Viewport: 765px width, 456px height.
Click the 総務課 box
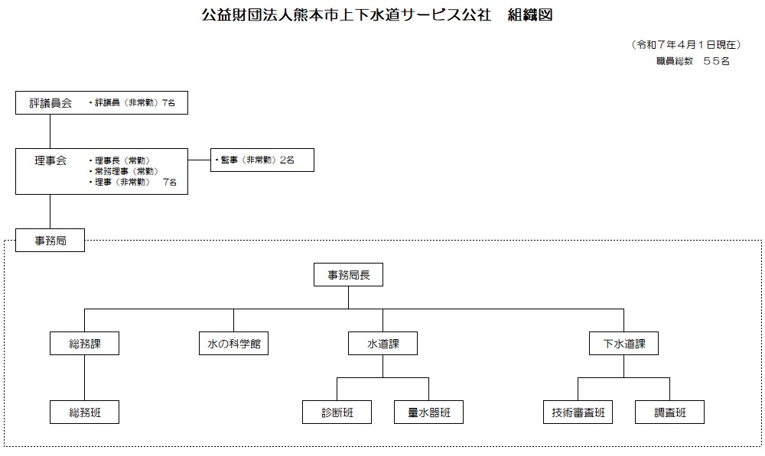coord(84,344)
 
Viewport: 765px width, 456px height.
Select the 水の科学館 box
coord(233,344)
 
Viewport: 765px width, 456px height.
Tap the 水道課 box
coord(383,344)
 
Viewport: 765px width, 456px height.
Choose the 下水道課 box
coord(624,344)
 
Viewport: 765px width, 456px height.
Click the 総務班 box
coord(84,412)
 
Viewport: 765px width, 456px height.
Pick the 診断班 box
coord(337,412)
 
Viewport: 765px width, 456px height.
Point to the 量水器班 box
coord(429,412)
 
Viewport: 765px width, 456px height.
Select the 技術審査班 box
coord(578,412)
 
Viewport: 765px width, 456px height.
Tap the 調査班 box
coord(670,412)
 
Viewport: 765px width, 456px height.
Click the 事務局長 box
coord(348,275)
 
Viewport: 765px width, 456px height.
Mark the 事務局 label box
coord(50,240)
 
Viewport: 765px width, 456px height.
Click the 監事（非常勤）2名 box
coord(262,160)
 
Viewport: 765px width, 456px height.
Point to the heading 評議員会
coord(50,103)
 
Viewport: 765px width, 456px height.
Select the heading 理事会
coord(50,160)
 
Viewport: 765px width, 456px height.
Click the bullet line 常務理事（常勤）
coord(124,171)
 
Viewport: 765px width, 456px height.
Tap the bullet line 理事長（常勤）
coord(119,160)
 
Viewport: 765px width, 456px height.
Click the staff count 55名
coord(716,61)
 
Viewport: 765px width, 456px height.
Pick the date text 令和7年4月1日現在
coord(686,45)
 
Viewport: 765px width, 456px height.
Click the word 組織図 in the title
coord(530,15)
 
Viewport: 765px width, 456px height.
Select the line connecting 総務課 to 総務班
coord(84,377)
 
